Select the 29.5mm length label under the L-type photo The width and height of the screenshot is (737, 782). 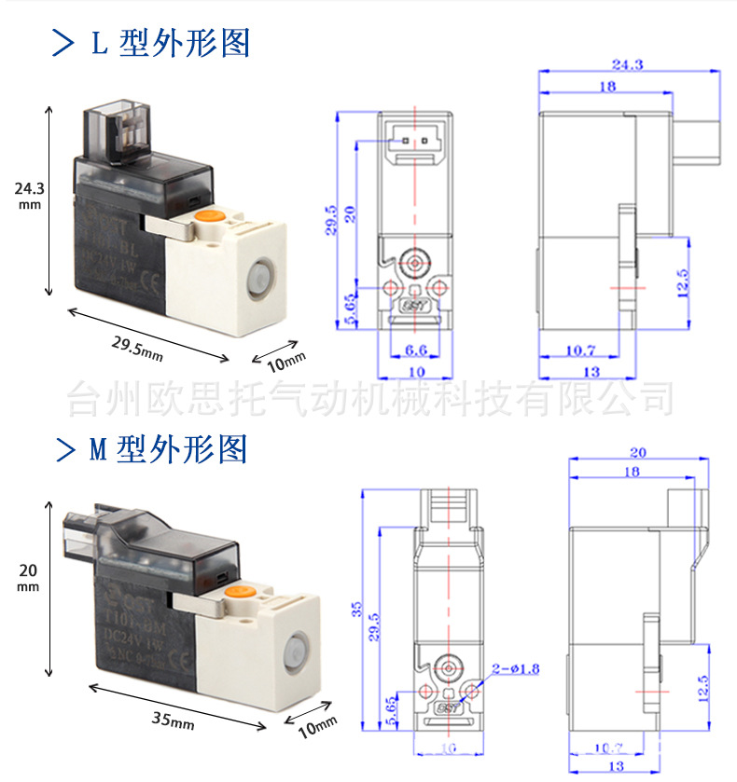click(137, 350)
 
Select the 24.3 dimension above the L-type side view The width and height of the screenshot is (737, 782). click(626, 64)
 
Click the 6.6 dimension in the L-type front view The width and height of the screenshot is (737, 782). click(417, 350)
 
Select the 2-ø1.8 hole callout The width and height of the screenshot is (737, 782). click(520, 668)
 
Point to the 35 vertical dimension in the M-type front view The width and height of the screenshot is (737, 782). click(355, 610)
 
